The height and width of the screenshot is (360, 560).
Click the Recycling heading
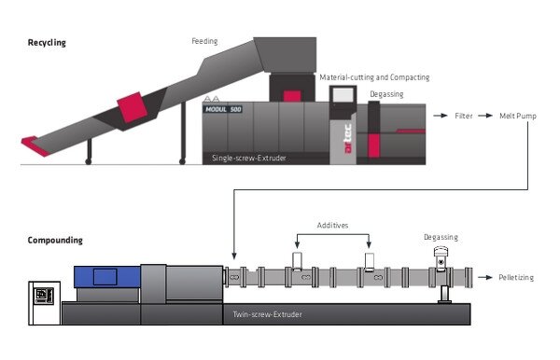pos(47,43)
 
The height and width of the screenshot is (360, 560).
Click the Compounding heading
pos(55,240)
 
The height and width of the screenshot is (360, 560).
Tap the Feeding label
pos(204,41)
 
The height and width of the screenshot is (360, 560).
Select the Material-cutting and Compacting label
pos(374,77)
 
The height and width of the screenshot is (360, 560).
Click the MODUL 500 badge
pos(223,109)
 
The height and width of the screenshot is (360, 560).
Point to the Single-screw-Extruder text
pos(249,158)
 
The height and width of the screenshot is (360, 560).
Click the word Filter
pos(464,116)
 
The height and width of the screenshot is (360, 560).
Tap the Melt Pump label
pos(518,116)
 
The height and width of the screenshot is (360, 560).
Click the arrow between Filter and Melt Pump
pos(485,116)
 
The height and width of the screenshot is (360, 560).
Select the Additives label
pos(332,225)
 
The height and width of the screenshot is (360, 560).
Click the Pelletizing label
pos(516,278)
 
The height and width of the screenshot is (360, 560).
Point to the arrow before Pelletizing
pos(485,277)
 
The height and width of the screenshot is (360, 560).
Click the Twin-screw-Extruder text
pos(268,314)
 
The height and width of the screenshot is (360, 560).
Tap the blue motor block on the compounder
pos(106,277)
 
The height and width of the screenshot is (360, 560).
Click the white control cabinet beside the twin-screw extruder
pos(44,303)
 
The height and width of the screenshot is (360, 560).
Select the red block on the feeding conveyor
pos(133,107)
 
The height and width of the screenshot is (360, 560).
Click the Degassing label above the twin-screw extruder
pos(441,237)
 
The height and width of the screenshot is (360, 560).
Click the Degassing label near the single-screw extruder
pos(386,94)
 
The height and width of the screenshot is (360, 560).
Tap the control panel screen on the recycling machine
pos(343,96)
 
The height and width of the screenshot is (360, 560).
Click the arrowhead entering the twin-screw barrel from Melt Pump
pos(234,256)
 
